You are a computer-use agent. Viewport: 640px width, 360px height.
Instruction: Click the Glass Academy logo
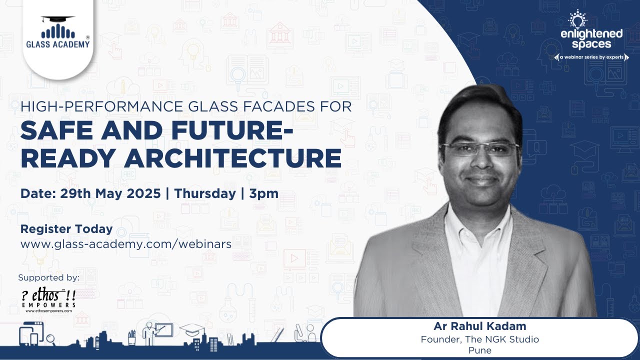pos(58,32)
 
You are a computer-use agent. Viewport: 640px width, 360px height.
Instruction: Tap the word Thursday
pos(204,193)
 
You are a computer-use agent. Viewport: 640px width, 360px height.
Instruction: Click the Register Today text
pos(66,229)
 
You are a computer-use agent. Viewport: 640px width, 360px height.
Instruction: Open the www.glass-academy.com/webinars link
pos(125,244)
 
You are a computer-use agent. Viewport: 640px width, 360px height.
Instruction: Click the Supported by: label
pos(48,277)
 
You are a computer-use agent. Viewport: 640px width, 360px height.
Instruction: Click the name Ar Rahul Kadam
pos(480,326)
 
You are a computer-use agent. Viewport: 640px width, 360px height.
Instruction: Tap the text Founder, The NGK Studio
pos(480,339)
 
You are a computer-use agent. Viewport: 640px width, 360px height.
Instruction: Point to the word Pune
pos(480,350)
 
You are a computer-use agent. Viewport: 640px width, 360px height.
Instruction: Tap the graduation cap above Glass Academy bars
pos(58,19)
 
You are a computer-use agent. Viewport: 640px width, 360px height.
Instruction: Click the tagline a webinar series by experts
pos(591,57)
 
